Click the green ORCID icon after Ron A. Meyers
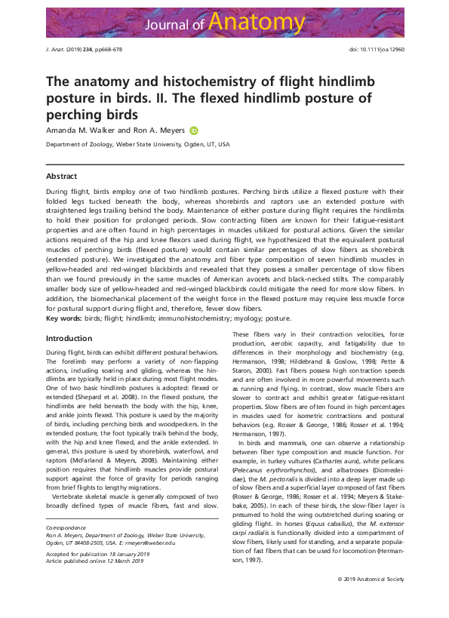point(193,131)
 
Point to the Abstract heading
point(62,176)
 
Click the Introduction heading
point(69,339)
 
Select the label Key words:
point(64,319)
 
